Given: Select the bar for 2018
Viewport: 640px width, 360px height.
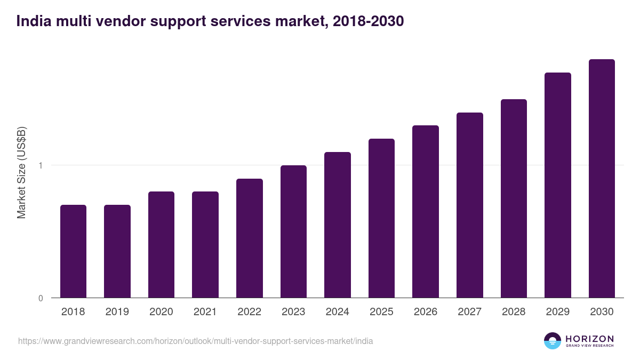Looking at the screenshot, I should tap(73, 251).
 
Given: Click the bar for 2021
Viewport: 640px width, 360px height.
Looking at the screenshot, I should tap(205, 245).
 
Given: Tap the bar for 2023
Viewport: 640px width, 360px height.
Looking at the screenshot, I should tap(293, 231).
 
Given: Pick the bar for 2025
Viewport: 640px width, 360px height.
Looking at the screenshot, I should tap(381, 218).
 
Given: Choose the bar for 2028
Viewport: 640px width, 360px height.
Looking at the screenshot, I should tap(514, 198).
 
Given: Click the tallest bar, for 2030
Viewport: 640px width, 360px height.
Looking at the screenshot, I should tap(602, 179).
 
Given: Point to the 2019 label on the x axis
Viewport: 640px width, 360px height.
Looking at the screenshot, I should tap(117, 312).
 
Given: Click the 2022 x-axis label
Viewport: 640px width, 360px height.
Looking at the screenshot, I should tap(249, 312).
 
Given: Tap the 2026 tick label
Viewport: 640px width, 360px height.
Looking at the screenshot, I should tap(425, 312).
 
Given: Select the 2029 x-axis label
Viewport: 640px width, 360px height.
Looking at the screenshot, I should tap(557, 312).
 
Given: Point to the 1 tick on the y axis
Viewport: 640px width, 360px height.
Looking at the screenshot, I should tap(41, 165).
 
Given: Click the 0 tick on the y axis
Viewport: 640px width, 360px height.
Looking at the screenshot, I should tap(41, 298).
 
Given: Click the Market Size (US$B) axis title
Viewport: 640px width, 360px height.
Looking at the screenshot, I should tap(22, 173).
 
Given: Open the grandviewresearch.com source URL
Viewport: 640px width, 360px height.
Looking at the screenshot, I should tap(195, 341).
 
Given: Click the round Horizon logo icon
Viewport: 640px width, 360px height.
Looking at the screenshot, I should tap(553, 341).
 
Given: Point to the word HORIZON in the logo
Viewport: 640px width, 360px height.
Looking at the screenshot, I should tap(589, 339).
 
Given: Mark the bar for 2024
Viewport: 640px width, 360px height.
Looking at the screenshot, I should tap(337, 225).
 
